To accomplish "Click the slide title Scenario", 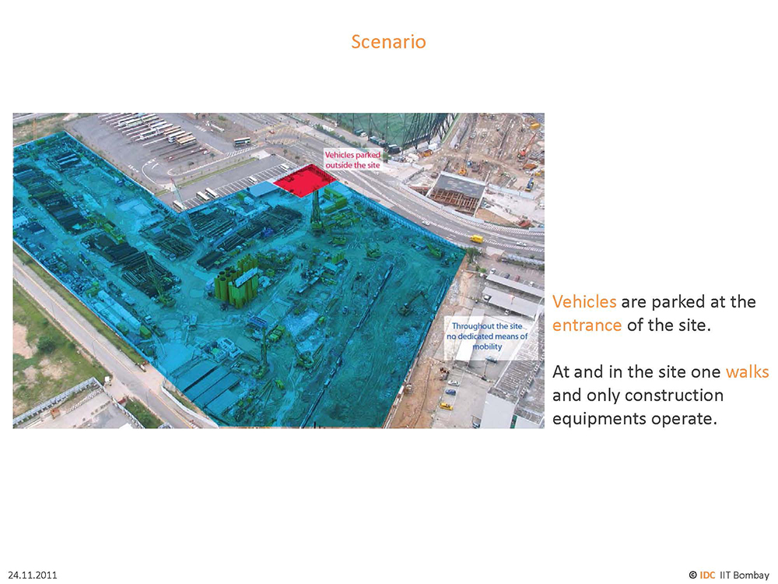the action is coord(388,42).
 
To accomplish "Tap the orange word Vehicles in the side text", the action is coord(584,301).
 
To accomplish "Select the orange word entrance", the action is coord(587,325).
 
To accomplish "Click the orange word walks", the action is coord(747,371).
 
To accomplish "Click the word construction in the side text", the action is coord(674,396).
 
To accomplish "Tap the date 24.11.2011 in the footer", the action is coord(33,575).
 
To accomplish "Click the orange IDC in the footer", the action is coord(707,575).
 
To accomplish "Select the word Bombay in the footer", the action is coord(751,575).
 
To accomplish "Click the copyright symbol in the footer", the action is coord(692,575).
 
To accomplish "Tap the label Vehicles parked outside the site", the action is coord(352,160).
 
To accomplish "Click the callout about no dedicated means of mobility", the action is coord(487,336).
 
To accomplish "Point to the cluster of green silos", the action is coord(237,282).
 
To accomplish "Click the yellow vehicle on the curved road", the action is coord(476,239).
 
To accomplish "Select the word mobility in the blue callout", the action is coord(487,347).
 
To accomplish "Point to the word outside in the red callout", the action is coord(339,165).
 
